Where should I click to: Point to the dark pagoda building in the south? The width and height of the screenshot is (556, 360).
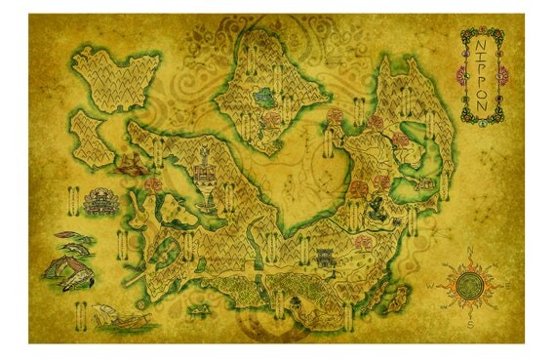(x=324, y=256)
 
